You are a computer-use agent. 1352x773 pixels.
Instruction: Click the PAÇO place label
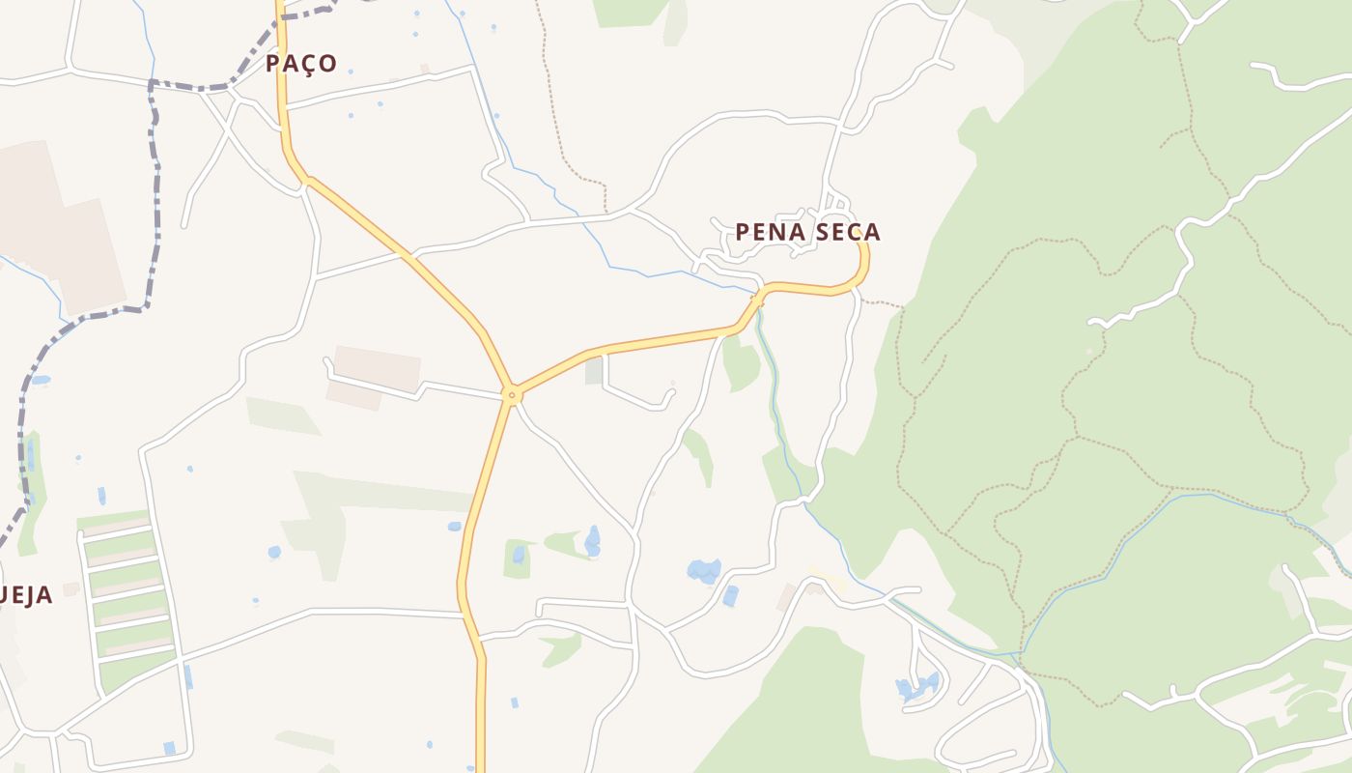pos(301,64)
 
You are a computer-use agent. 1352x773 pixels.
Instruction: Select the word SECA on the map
pos(848,232)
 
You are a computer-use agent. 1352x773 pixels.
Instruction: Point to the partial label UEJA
pos(26,595)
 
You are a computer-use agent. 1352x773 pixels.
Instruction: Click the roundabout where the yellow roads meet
pos(513,394)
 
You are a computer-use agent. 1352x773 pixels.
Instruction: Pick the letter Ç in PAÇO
pos(308,65)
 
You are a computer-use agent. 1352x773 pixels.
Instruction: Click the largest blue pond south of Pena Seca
pos(703,570)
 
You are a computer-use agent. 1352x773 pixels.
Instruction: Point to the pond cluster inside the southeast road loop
pos(916,687)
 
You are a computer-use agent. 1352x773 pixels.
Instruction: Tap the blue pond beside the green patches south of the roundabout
pos(592,541)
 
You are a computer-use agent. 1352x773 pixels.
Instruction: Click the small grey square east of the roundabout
pos(594,371)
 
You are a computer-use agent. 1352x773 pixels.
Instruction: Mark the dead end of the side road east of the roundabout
pos(672,394)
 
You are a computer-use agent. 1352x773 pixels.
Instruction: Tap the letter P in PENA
pos(743,232)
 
